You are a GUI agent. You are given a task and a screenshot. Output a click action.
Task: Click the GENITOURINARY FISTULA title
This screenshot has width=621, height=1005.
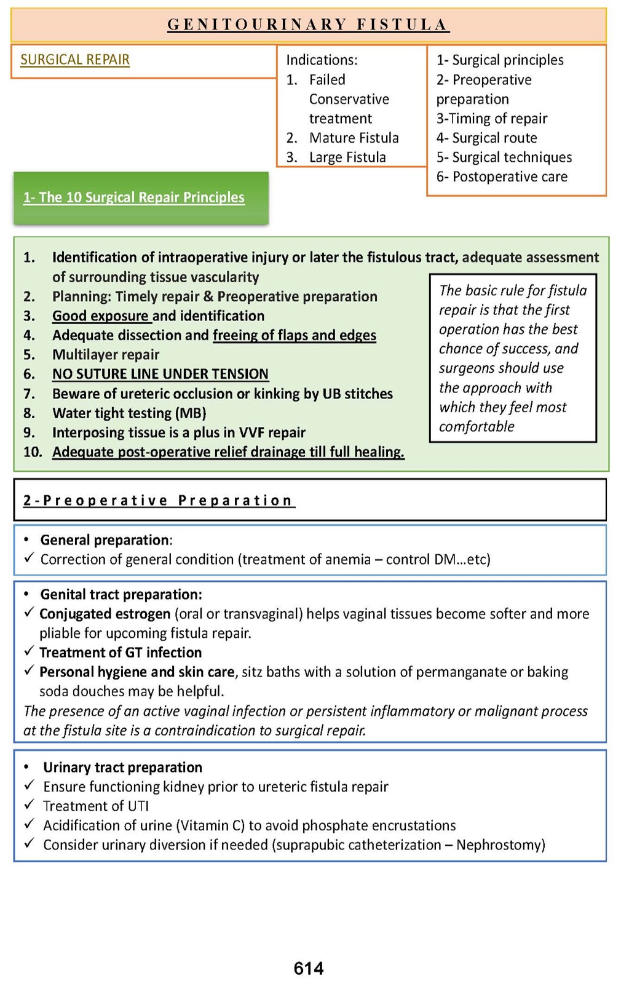[308, 25]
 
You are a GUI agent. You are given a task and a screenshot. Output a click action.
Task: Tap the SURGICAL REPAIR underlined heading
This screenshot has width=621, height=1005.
[75, 60]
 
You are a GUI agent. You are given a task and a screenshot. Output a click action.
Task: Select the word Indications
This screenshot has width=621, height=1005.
[321, 60]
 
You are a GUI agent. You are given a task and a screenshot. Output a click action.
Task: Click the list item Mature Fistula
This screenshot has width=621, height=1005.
[354, 138]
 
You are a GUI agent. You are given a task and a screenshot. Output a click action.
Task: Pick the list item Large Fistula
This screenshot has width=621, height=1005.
[347, 157]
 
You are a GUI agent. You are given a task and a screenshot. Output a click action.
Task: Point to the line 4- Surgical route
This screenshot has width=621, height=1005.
[487, 138]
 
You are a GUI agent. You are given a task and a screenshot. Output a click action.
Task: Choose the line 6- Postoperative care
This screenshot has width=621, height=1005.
[502, 177]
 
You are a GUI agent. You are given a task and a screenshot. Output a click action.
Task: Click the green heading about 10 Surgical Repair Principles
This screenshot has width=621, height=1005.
[134, 197]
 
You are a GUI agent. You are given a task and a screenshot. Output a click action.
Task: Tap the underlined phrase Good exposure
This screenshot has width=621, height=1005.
[100, 316]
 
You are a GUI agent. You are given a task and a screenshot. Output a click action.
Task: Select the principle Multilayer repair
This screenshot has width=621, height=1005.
[106, 354]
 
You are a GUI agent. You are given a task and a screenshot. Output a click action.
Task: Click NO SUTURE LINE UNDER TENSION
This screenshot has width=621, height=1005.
[160, 374]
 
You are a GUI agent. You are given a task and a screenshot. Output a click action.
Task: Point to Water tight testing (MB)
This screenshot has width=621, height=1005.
[129, 413]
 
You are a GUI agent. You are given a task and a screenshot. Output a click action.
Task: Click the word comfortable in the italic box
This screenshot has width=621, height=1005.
[477, 426]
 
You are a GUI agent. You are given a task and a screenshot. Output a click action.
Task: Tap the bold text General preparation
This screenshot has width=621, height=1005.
[105, 540]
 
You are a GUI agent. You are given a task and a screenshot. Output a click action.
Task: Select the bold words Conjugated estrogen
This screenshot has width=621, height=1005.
[105, 614]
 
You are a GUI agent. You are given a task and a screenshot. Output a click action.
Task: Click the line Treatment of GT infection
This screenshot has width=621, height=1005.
[121, 653]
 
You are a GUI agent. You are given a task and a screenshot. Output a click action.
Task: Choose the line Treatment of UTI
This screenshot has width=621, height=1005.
[96, 806]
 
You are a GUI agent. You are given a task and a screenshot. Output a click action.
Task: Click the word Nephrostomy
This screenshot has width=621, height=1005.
[499, 844]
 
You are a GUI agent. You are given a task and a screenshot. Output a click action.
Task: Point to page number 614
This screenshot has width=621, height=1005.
[309, 969]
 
